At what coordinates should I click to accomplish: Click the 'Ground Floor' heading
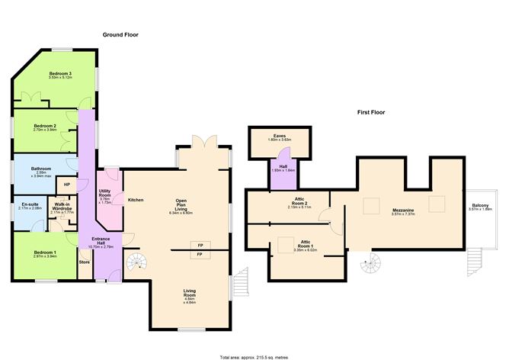point(120,35)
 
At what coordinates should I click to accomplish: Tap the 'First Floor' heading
point(371,112)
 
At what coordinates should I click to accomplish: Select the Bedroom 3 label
point(59,75)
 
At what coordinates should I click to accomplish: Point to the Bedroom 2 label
point(46,127)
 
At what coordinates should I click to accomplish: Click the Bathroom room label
point(41,171)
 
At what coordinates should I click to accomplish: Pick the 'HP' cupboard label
point(67,184)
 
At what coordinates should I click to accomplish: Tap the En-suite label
point(30,206)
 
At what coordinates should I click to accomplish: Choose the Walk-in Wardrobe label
point(62,208)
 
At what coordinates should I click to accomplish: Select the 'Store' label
point(84,263)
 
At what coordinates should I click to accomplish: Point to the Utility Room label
point(105,200)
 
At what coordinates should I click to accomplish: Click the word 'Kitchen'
point(136,200)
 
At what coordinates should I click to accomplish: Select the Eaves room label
point(280,137)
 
